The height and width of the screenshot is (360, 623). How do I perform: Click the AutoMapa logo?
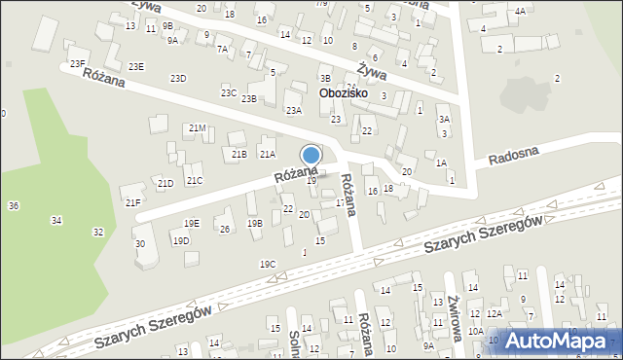pos(555,341)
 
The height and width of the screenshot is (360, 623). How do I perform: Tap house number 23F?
pos(78,64)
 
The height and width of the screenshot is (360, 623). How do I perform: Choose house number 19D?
pos(181,240)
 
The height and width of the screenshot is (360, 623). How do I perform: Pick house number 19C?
pos(268,264)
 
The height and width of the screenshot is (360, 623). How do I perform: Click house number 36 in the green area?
pos(14,205)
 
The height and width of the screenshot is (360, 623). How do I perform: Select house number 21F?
pos(132,202)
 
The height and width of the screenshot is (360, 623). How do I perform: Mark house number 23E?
pos(136,66)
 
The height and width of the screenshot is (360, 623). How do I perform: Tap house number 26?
pos(225,229)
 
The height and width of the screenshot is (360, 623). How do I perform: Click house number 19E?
pos(192,223)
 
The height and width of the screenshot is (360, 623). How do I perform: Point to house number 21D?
pos(165,183)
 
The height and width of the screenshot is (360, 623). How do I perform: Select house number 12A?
pos(495,313)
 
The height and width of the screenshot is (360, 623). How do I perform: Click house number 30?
pos(140,243)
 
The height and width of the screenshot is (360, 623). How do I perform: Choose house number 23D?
pos(178,78)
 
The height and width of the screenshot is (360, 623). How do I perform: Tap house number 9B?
pos(167,25)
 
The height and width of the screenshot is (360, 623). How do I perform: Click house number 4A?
pos(521,11)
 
